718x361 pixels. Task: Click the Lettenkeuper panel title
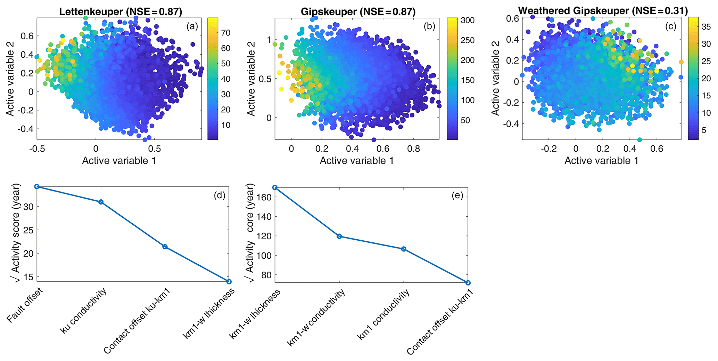[x=121, y=11]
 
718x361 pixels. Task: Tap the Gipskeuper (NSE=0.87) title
[x=358, y=11]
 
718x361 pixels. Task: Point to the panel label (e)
[x=457, y=195]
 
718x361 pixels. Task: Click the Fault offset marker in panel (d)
[x=37, y=187]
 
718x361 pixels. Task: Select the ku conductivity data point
[x=101, y=202]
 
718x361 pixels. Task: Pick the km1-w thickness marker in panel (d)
[x=229, y=281]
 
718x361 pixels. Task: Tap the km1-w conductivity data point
[x=339, y=236]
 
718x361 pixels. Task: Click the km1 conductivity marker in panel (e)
[x=403, y=249]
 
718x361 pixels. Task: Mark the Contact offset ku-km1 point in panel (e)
[x=468, y=283]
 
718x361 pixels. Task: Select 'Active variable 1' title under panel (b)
[x=357, y=161]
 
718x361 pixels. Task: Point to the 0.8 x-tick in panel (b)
[x=413, y=149]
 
